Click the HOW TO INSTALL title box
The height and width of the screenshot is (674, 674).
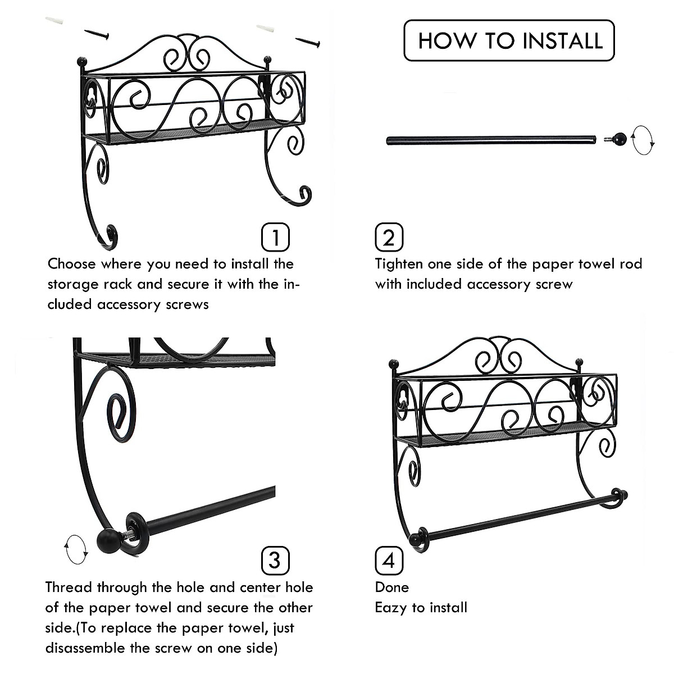(509, 40)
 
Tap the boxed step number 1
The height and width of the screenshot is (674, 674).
(276, 238)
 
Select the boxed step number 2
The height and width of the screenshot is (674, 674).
(389, 238)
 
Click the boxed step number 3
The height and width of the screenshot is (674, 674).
(276, 561)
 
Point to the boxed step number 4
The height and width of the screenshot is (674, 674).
(389, 561)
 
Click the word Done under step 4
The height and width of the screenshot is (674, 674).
(391, 588)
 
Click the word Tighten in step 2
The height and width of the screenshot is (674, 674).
(399, 265)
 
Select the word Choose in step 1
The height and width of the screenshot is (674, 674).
(71, 264)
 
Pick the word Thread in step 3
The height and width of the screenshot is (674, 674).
(69, 588)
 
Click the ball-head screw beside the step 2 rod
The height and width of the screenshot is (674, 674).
(615, 139)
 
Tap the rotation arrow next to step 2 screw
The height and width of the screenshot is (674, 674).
(643, 140)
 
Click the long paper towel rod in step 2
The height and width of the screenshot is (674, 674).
(491, 140)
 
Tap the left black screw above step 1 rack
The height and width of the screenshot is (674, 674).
(97, 34)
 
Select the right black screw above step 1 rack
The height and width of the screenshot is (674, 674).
(308, 42)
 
